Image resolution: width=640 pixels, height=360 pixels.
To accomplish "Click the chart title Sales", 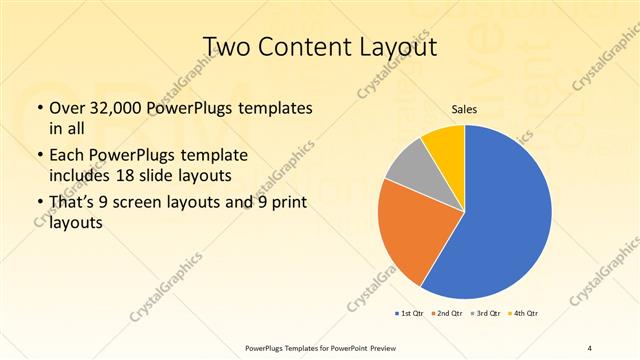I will (464, 109).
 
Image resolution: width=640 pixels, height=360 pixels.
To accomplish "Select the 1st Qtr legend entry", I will (409, 314).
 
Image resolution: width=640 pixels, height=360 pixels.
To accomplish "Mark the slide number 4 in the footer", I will (590, 347).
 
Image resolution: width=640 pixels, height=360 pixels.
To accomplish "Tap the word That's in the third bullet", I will (73, 206).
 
